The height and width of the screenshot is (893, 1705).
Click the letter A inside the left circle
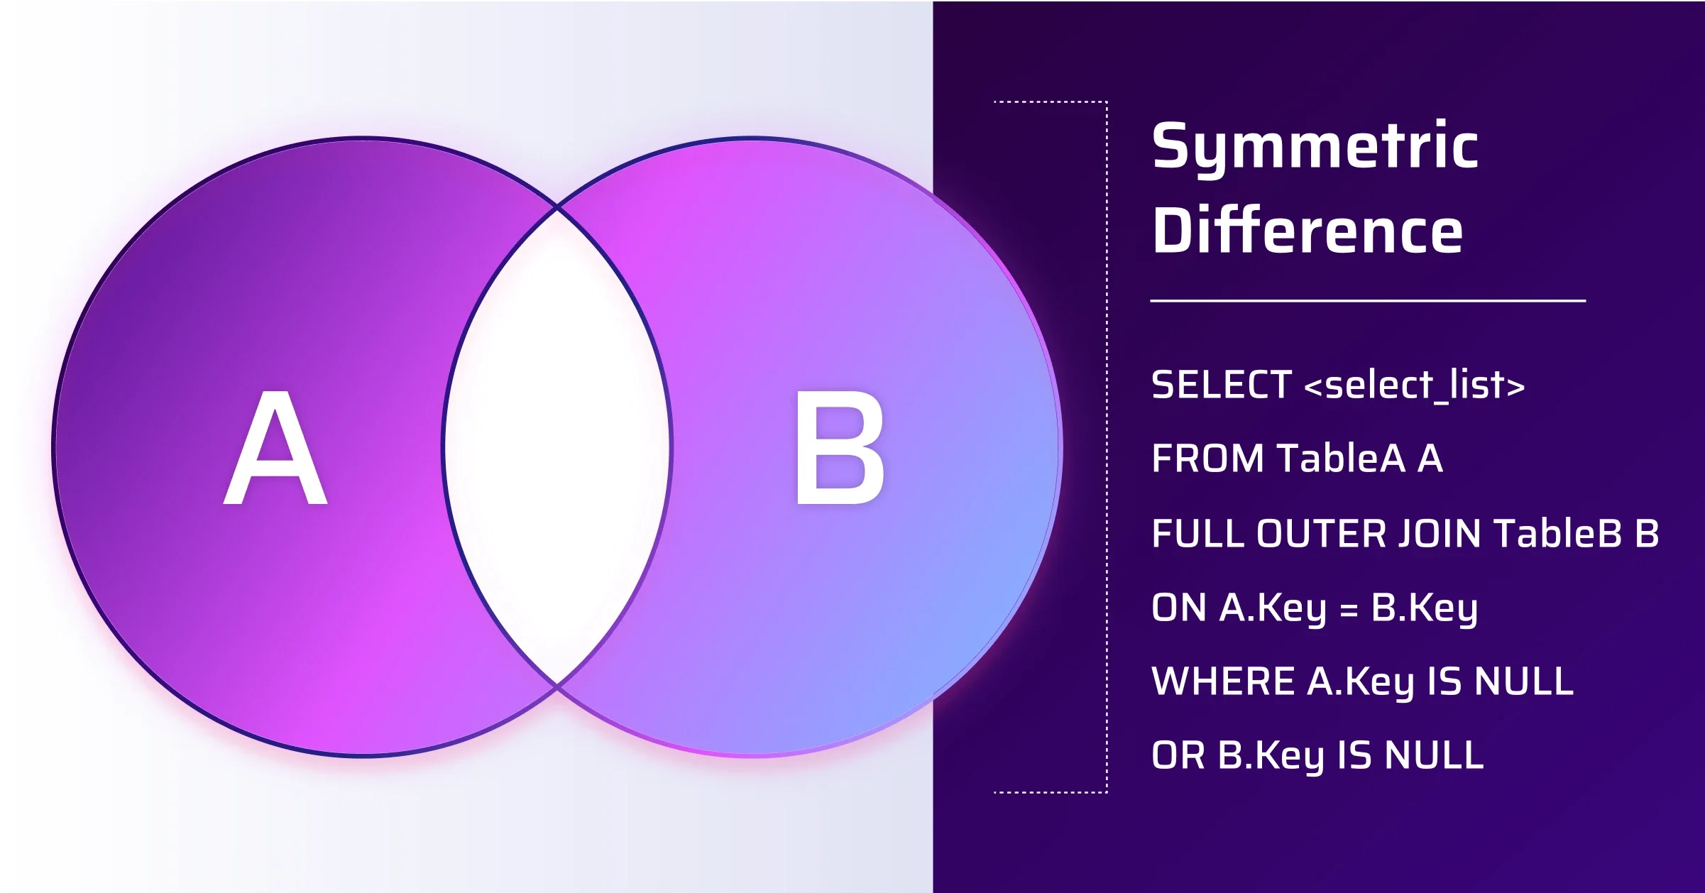click(275, 449)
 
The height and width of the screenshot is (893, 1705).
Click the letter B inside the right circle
click(840, 449)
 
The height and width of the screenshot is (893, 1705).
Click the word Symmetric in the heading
click(1315, 148)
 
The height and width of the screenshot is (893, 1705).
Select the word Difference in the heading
click(1307, 231)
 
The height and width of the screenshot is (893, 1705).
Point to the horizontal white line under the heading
click(1368, 301)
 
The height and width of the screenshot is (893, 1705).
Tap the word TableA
click(1341, 459)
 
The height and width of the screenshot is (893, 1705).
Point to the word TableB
click(1558, 534)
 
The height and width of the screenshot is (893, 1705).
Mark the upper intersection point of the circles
click(557, 208)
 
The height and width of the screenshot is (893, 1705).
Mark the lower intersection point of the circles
click(557, 686)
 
